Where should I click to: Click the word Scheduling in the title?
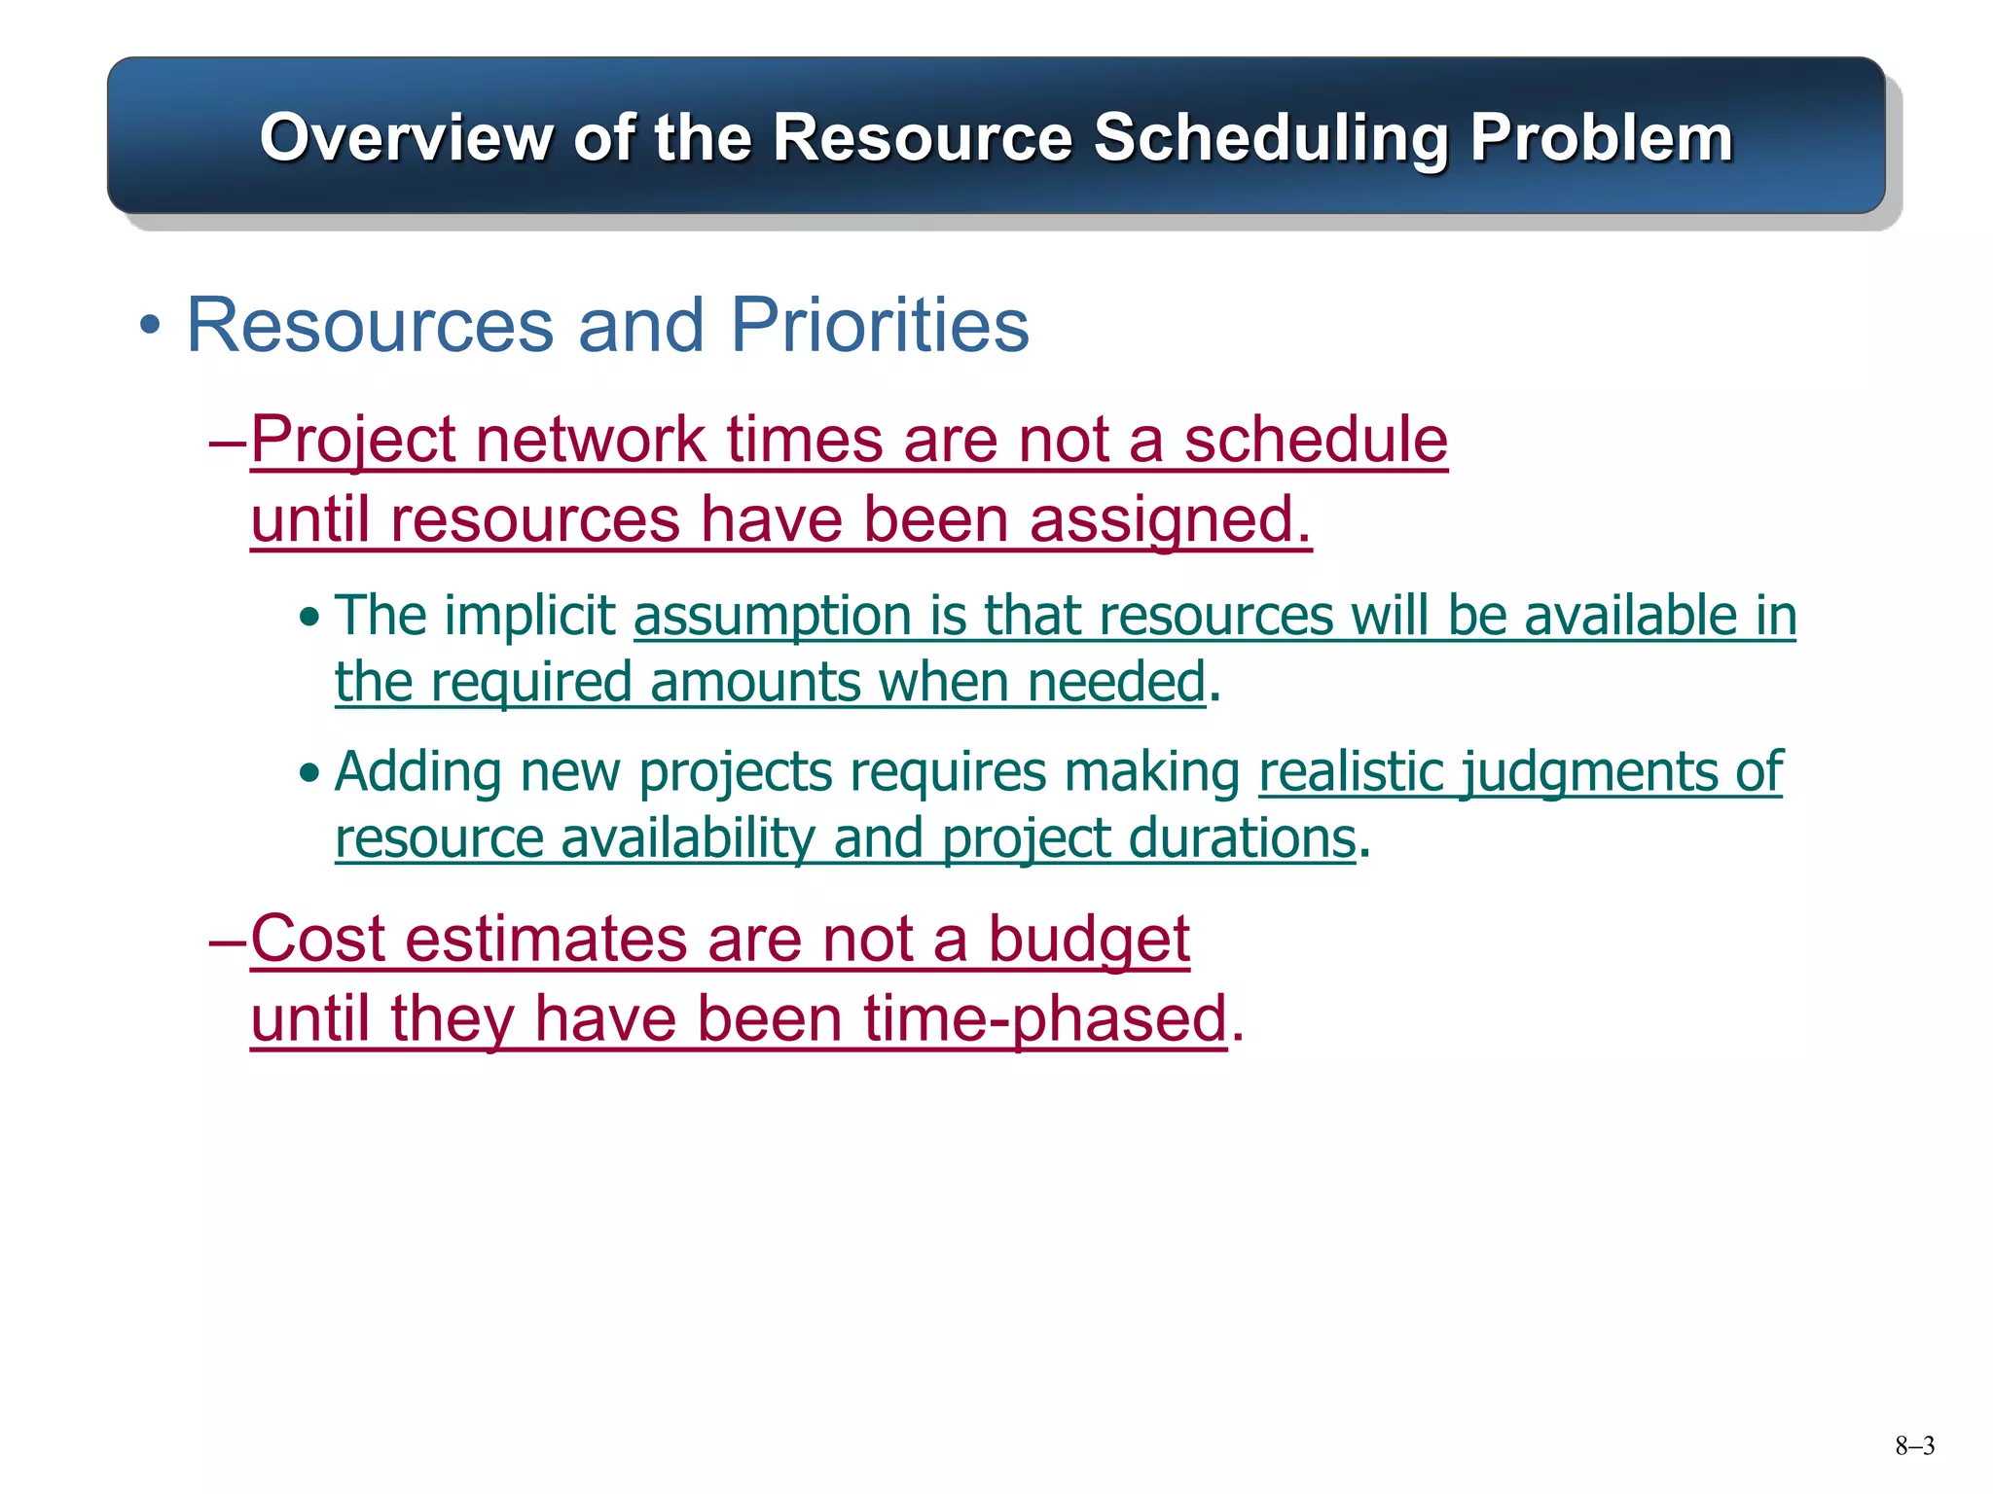tap(1270, 138)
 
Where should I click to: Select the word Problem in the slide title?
tap(1601, 138)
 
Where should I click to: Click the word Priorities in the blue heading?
tap(879, 325)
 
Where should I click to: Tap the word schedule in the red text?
tap(1315, 440)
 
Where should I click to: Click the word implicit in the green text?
tap(529, 616)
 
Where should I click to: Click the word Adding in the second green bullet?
tap(417, 772)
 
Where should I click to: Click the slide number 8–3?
tap(1914, 1446)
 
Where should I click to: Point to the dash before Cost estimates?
tap(228, 942)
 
